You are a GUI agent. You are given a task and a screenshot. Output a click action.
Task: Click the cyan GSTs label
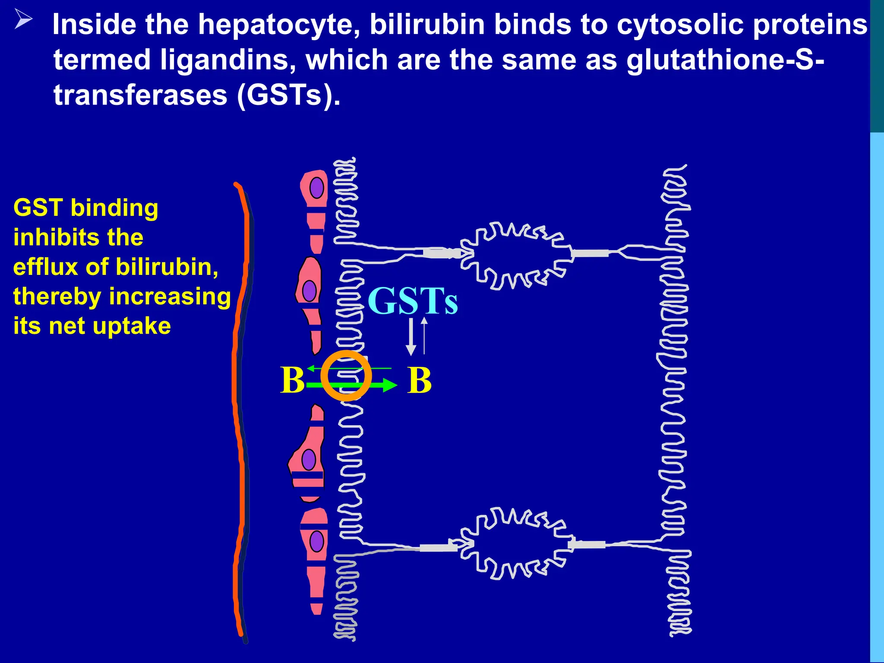pos(413,301)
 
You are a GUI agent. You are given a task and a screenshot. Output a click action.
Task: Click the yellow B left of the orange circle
pos(292,380)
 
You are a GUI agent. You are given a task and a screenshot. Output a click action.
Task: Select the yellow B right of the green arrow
pos(419,380)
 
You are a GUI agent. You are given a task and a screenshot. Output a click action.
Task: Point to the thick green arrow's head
pos(390,385)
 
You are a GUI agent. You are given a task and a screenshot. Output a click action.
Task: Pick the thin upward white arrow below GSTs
pos(424,335)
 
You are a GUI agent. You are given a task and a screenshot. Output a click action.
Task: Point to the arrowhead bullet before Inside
pos(23,19)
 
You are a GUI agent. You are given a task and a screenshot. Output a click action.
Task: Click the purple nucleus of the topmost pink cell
pos(316,188)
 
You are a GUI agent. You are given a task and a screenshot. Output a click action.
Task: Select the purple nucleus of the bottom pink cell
pos(316,541)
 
